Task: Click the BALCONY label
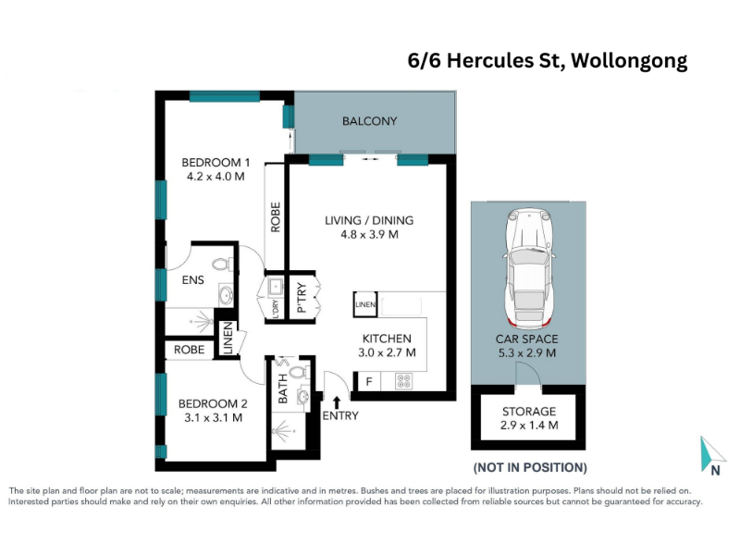click(x=369, y=121)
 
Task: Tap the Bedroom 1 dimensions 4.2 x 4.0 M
click(x=216, y=177)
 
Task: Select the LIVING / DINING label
click(x=369, y=220)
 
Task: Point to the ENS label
click(x=193, y=280)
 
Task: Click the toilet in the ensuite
click(x=222, y=264)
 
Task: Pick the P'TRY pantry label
click(x=302, y=298)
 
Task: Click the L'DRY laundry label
click(x=276, y=309)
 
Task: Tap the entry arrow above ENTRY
click(x=337, y=402)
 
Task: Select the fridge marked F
click(x=369, y=381)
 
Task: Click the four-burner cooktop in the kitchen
click(x=404, y=381)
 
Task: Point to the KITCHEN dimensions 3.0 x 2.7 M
click(x=387, y=352)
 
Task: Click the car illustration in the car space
click(x=528, y=269)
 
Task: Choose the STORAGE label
click(x=529, y=412)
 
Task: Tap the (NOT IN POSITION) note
click(x=530, y=468)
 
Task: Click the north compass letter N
click(x=715, y=471)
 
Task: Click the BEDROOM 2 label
click(x=213, y=404)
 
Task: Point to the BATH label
click(x=283, y=388)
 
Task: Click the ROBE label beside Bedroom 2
click(x=190, y=350)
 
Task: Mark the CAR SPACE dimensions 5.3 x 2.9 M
click(x=527, y=353)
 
